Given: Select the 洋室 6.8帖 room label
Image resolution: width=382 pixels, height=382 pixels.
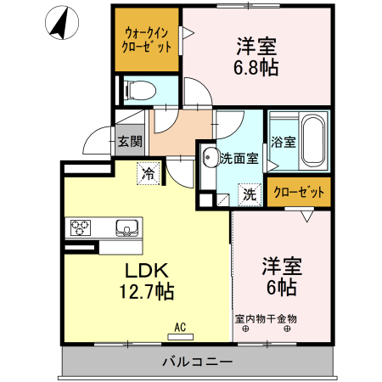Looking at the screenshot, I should tap(254, 54).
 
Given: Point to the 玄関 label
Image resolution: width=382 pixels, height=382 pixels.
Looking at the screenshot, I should tap(129, 141).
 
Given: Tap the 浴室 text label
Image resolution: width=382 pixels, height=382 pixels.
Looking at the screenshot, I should tap(283, 141).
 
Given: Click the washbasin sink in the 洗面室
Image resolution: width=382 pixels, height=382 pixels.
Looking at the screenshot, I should tap(209, 157).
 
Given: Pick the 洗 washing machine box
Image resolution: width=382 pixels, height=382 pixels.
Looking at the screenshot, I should tap(249, 194).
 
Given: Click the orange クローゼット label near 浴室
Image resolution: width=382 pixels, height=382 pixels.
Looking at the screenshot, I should tap(298, 193).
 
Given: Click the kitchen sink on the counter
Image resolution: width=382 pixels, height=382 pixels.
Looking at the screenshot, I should tap(126, 227).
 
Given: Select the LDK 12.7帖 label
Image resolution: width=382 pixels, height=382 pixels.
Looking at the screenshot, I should tap(149, 280).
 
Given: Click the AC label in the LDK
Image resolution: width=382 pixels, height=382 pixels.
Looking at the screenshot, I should tap(180, 325).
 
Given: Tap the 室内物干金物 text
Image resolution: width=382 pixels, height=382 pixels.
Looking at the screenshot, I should tap(266, 319).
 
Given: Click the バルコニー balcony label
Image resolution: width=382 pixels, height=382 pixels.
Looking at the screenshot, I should tap(196, 362).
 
